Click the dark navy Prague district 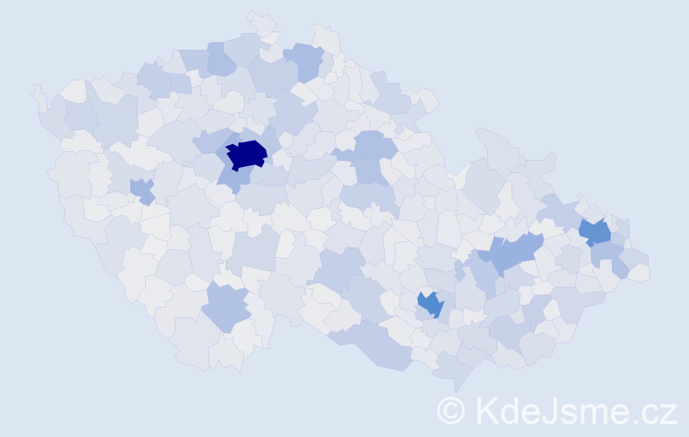247,154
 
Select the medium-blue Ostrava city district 595,232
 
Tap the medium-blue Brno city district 430,304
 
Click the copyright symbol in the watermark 450,410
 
